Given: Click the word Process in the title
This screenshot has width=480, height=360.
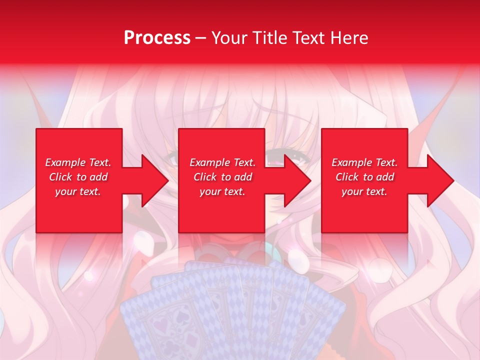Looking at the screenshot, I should (157, 38).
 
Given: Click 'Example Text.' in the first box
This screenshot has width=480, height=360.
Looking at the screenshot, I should (78, 162).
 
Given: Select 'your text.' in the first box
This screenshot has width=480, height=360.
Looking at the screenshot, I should (78, 191).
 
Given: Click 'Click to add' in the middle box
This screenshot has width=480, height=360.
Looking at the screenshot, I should (222, 177).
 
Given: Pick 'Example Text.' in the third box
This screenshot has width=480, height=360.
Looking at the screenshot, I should (364, 162).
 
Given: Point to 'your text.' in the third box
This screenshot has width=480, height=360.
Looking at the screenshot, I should (364, 191).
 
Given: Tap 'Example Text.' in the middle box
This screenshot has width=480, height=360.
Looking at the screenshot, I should (222, 162).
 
